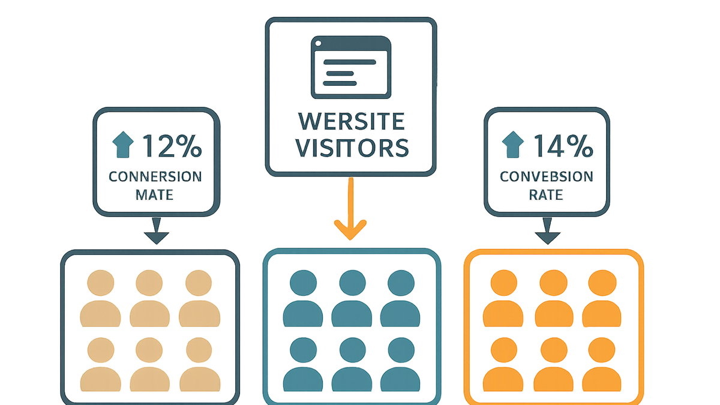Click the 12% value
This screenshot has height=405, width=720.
[x=172, y=146]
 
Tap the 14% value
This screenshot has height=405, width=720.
[x=563, y=146]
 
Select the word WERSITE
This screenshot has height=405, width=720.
[x=352, y=121]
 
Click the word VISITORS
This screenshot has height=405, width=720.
[x=352, y=148]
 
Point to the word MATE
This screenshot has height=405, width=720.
[x=155, y=195]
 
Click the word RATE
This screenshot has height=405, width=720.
[x=546, y=195]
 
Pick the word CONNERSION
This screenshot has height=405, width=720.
[x=155, y=177]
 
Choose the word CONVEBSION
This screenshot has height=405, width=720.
[x=547, y=176]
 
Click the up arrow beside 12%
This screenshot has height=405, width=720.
[x=123, y=145]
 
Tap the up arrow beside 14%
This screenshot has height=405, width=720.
[x=512, y=145]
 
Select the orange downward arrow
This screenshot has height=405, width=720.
[x=350, y=209]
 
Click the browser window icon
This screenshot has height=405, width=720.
[x=351, y=67]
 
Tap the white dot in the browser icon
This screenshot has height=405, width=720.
[x=319, y=43]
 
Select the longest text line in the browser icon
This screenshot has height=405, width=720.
[x=350, y=62]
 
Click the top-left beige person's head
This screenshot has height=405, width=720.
[x=101, y=283]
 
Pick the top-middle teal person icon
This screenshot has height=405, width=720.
[x=352, y=298]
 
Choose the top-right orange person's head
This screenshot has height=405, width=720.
[x=602, y=283]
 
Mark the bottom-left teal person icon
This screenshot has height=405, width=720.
[x=303, y=365]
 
